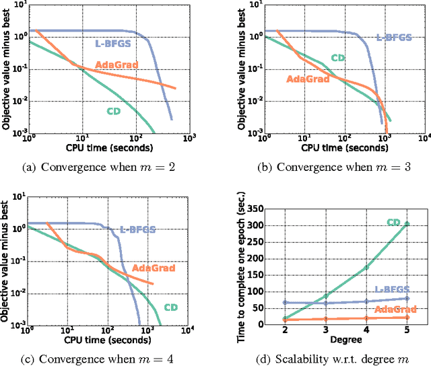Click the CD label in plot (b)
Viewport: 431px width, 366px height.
(x=339, y=59)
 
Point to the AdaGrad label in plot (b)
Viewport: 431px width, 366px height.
(x=308, y=78)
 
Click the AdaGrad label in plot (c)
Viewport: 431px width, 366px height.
(x=153, y=268)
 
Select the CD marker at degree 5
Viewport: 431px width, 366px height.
(x=407, y=223)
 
